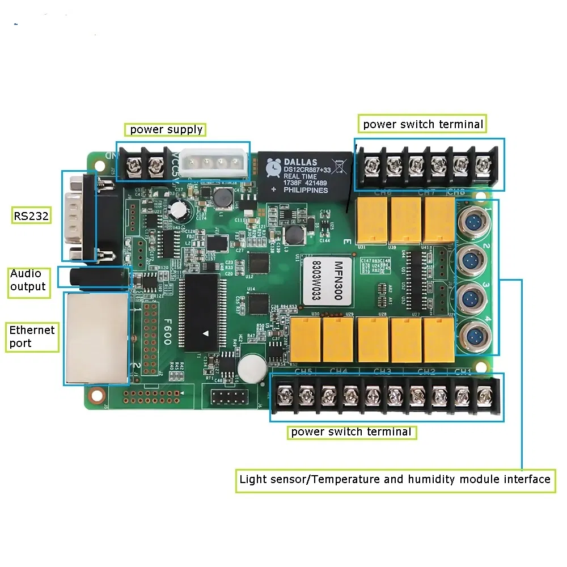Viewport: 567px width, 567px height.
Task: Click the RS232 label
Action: click(x=31, y=215)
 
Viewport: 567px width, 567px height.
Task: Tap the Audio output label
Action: click(x=28, y=280)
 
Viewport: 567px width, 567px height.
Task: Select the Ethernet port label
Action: click(x=32, y=336)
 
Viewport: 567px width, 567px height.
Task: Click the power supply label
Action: click(x=166, y=129)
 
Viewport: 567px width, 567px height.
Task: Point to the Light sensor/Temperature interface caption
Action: click(x=395, y=479)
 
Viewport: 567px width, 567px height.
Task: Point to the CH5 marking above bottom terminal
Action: click(x=304, y=372)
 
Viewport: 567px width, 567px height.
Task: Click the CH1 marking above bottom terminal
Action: click(x=464, y=372)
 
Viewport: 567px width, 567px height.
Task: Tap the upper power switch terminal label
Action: click(x=423, y=124)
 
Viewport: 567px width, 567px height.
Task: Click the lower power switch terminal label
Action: click(x=351, y=432)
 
